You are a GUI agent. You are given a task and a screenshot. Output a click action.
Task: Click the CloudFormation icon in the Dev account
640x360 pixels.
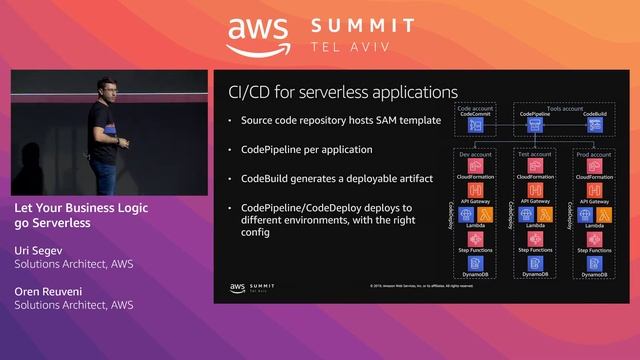[x=476, y=167]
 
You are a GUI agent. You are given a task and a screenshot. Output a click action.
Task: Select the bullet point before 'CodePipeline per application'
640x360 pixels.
[x=230, y=150]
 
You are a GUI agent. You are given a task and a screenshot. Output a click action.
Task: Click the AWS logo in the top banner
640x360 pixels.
[x=258, y=36]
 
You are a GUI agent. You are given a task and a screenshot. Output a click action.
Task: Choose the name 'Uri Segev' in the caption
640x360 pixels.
[x=41, y=250]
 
